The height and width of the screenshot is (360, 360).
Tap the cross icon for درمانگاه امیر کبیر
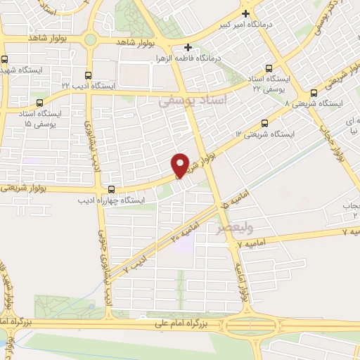(245, 13)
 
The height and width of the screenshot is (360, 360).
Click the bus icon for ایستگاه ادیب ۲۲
(88, 75)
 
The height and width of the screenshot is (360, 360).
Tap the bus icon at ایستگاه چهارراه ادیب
(112, 188)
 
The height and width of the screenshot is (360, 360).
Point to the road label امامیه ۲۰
(185, 231)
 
